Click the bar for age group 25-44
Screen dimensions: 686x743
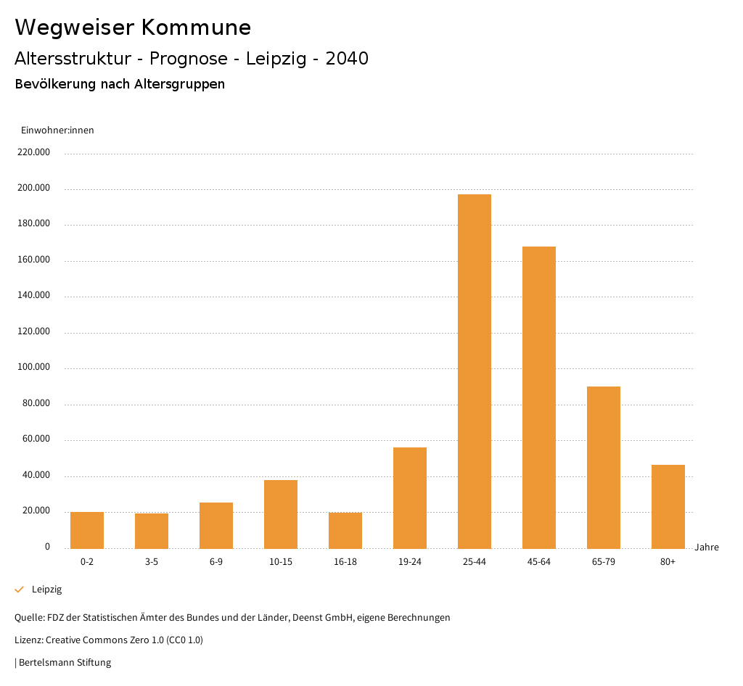[x=475, y=371]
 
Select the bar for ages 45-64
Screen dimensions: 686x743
[x=539, y=397]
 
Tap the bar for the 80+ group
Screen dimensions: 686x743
[x=668, y=506]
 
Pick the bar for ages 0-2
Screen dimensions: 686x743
[x=87, y=530]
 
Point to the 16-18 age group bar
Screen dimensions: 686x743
[x=345, y=530]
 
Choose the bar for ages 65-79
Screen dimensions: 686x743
[x=604, y=467]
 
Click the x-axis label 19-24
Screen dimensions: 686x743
[x=410, y=562]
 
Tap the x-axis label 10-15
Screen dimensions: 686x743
[x=281, y=562]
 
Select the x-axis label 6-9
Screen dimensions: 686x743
[x=216, y=562]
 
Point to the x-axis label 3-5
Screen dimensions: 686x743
[x=152, y=562]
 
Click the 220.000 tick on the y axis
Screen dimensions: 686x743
[x=34, y=152]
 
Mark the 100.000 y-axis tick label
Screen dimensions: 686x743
[x=34, y=367]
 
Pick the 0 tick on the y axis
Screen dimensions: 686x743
[x=47, y=546]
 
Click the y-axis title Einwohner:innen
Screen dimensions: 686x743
[x=57, y=131]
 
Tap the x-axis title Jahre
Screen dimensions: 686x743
[x=707, y=547]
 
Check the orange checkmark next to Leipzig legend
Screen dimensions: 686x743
[x=20, y=590]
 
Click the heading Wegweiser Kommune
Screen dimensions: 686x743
[x=133, y=28]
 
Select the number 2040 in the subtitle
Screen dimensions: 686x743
[x=347, y=59]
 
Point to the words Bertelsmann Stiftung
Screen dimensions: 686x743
[x=65, y=662]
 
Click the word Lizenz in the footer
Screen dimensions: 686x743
[x=28, y=640]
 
